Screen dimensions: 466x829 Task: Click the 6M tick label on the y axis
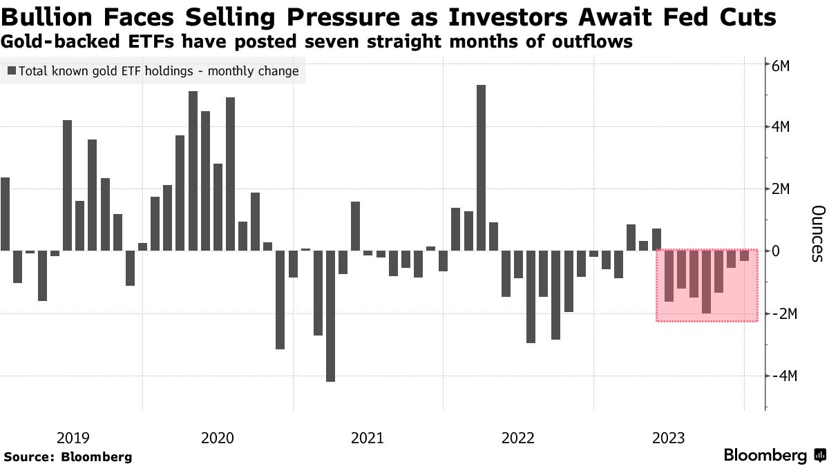(785, 66)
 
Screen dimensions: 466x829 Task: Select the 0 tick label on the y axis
(776, 251)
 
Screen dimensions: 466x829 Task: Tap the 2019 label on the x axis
(73, 438)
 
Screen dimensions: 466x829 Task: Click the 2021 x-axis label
(368, 438)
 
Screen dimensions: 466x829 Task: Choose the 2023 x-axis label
(668, 438)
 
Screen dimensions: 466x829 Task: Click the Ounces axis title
(817, 233)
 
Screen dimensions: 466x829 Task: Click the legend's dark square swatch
(12, 70)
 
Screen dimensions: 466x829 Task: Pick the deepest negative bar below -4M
(330, 315)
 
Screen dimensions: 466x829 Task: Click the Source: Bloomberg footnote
(68, 456)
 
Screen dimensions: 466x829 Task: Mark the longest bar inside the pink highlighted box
(706, 282)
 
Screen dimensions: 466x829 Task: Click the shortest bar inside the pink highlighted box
(744, 255)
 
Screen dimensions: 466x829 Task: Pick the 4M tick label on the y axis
(785, 127)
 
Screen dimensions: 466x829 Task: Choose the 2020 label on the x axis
(218, 438)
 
